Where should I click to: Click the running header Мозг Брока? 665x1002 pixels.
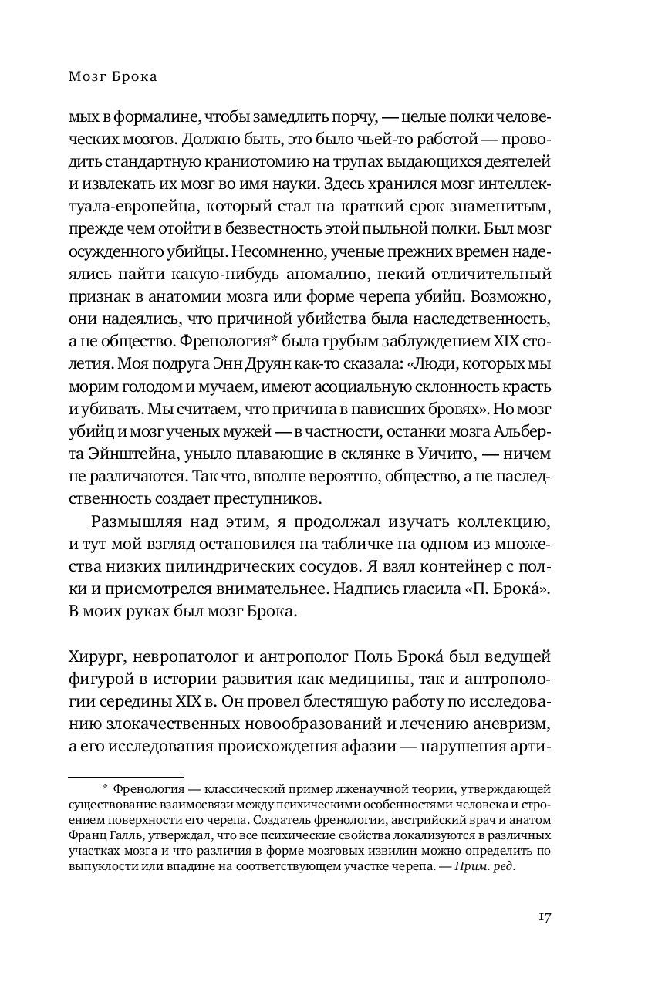(x=113, y=76)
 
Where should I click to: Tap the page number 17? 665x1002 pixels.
(x=543, y=918)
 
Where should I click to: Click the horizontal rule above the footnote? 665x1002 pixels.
(x=126, y=778)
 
